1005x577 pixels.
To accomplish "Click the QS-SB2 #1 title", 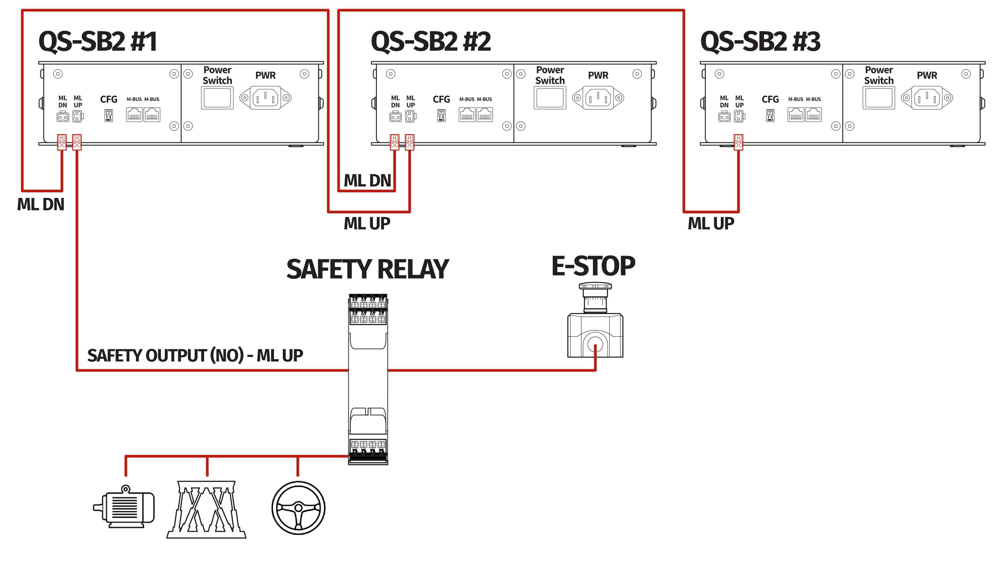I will [x=98, y=41].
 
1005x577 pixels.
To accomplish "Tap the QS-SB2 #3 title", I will [x=760, y=41].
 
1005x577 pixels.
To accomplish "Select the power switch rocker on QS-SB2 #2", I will [x=550, y=98].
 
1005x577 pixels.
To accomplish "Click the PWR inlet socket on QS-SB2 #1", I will [x=265, y=98].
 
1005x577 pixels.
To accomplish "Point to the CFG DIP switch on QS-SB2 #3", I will [x=770, y=115].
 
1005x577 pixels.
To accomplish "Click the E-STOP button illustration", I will [x=595, y=321].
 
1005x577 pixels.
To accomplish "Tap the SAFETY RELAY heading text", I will [x=367, y=269].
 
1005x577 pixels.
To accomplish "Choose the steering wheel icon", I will [x=298, y=508].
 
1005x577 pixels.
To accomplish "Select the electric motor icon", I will [x=124, y=507].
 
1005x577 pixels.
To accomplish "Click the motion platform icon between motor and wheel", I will [x=206, y=510].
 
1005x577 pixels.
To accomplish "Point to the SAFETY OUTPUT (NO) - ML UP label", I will [x=195, y=356].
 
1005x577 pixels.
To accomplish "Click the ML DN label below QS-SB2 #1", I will [x=41, y=204].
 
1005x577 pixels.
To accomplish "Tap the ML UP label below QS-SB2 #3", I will [x=711, y=223].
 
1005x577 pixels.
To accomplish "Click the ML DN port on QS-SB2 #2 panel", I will [x=395, y=117].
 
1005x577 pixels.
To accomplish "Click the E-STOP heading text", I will [x=593, y=266].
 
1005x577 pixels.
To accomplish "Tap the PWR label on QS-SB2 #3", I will [x=927, y=75].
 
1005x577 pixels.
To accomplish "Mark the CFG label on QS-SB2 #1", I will [x=109, y=99].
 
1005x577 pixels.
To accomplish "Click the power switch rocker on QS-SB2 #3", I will [x=879, y=98].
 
